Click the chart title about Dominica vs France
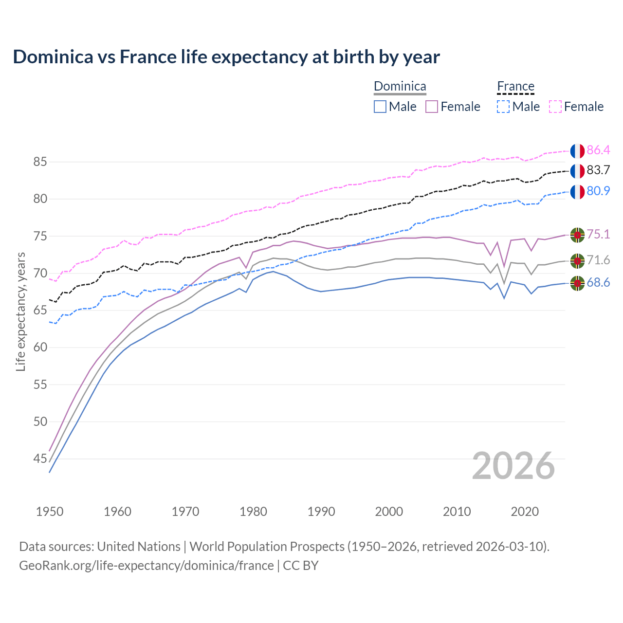tap(226, 57)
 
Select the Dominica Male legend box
tap(380, 107)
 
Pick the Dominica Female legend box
tap(432, 107)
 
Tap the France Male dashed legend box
tap(503, 107)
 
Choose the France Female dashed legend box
tap(555, 107)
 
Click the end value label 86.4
tap(598, 150)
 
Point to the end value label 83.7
tap(598, 170)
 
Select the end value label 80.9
tap(598, 191)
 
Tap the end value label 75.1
tap(598, 234)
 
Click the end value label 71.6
tap(598, 260)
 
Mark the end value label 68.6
tap(598, 283)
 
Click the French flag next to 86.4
tap(577, 151)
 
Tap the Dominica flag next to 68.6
tap(577, 283)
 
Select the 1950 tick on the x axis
tap(50, 512)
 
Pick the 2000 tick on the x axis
tap(389, 512)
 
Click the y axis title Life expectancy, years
tap(21, 311)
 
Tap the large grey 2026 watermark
tap(513, 466)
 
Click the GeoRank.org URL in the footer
tap(147, 566)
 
